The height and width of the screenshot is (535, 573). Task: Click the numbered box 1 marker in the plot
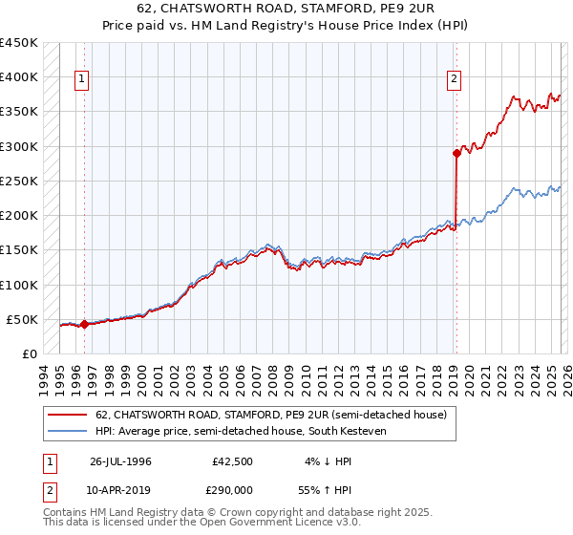[x=84, y=80]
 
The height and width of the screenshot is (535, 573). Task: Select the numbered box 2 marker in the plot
[x=455, y=80]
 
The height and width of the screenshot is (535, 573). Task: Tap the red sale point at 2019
[x=456, y=153]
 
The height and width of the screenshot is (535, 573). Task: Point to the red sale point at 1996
[x=84, y=324]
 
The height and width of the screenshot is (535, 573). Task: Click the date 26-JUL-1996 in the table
[x=120, y=460]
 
